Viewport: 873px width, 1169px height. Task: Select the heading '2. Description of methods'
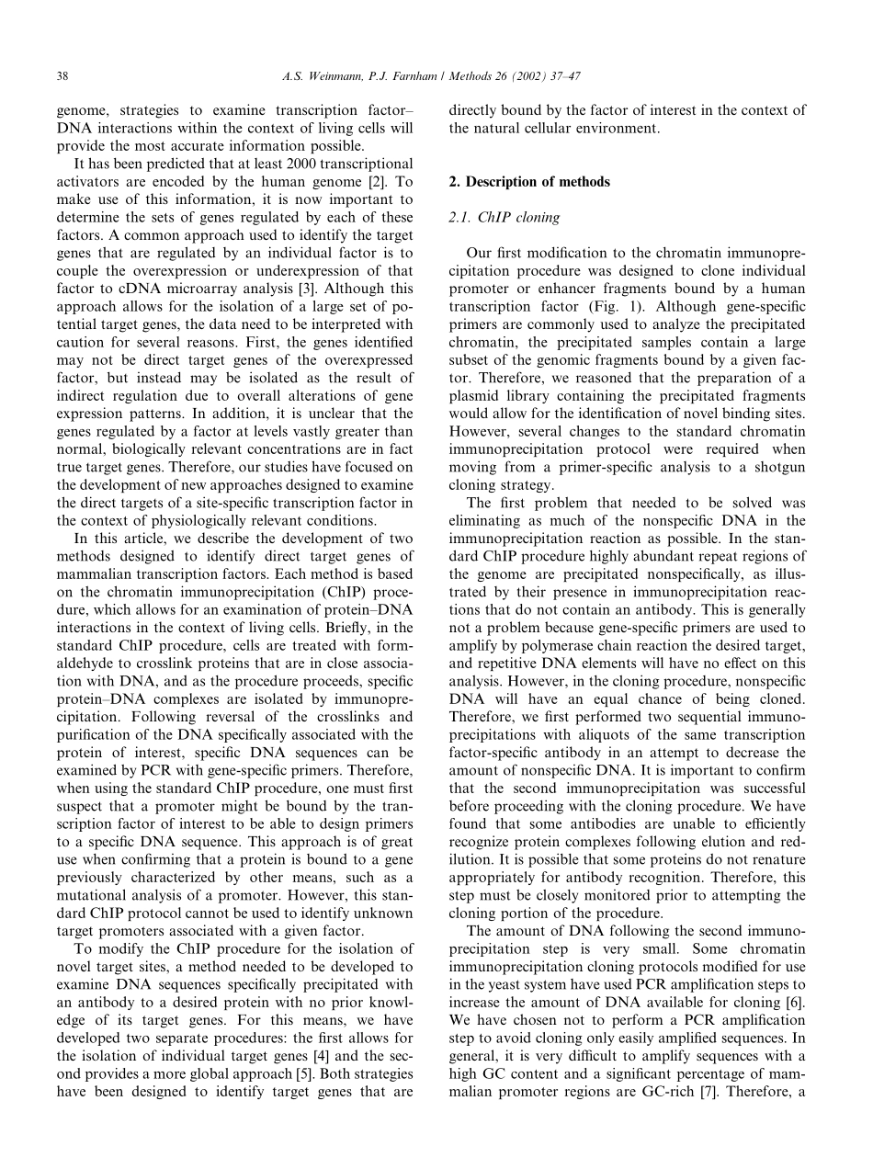(x=528, y=182)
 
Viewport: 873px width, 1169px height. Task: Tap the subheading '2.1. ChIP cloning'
(x=504, y=218)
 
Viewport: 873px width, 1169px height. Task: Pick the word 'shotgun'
(x=780, y=468)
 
